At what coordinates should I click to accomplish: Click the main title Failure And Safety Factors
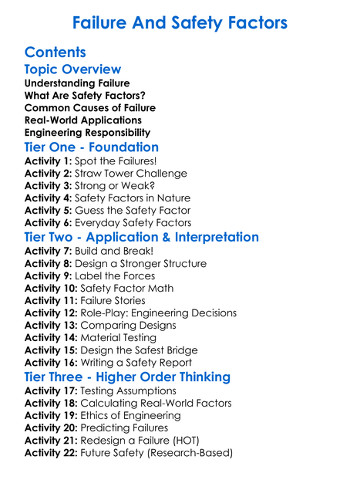click(x=180, y=22)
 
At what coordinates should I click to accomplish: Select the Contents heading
click(x=55, y=52)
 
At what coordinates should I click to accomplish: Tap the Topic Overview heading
click(x=72, y=69)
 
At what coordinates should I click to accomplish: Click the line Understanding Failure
click(x=77, y=83)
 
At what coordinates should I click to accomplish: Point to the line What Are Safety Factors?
click(x=85, y=95)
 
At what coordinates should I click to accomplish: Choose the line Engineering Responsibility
click(x=87, y=132)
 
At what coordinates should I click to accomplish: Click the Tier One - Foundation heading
click(x=92, y=147)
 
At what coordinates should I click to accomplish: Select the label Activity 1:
click(x=48, y=161)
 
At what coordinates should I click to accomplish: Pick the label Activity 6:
click(x=48, y=223)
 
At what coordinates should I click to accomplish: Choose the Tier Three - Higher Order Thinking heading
click(x=127, y=377)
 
